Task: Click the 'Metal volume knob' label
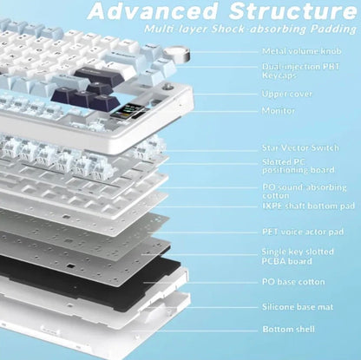coord(302,51)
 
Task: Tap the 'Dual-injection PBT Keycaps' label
coord(301,71)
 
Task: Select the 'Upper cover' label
coord(287,95)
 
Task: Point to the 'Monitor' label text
coord(279,111)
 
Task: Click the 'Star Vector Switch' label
coord(300,148)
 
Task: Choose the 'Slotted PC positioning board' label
coord(299,166)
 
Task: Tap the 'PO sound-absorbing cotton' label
coord(305,192)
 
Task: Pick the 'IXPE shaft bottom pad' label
coord(308,206)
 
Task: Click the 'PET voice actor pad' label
coord(303,232)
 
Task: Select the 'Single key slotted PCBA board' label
coord(298,257)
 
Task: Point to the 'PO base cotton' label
coord(293,282)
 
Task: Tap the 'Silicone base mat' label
coord(298,307)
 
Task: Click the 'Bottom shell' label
coord(288,329)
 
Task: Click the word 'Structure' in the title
coord(293,11)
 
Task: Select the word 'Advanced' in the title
coord(153,11)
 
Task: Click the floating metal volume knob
coord(177,54)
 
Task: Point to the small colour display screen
coord(127,111)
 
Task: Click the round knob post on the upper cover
coord(167,88)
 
